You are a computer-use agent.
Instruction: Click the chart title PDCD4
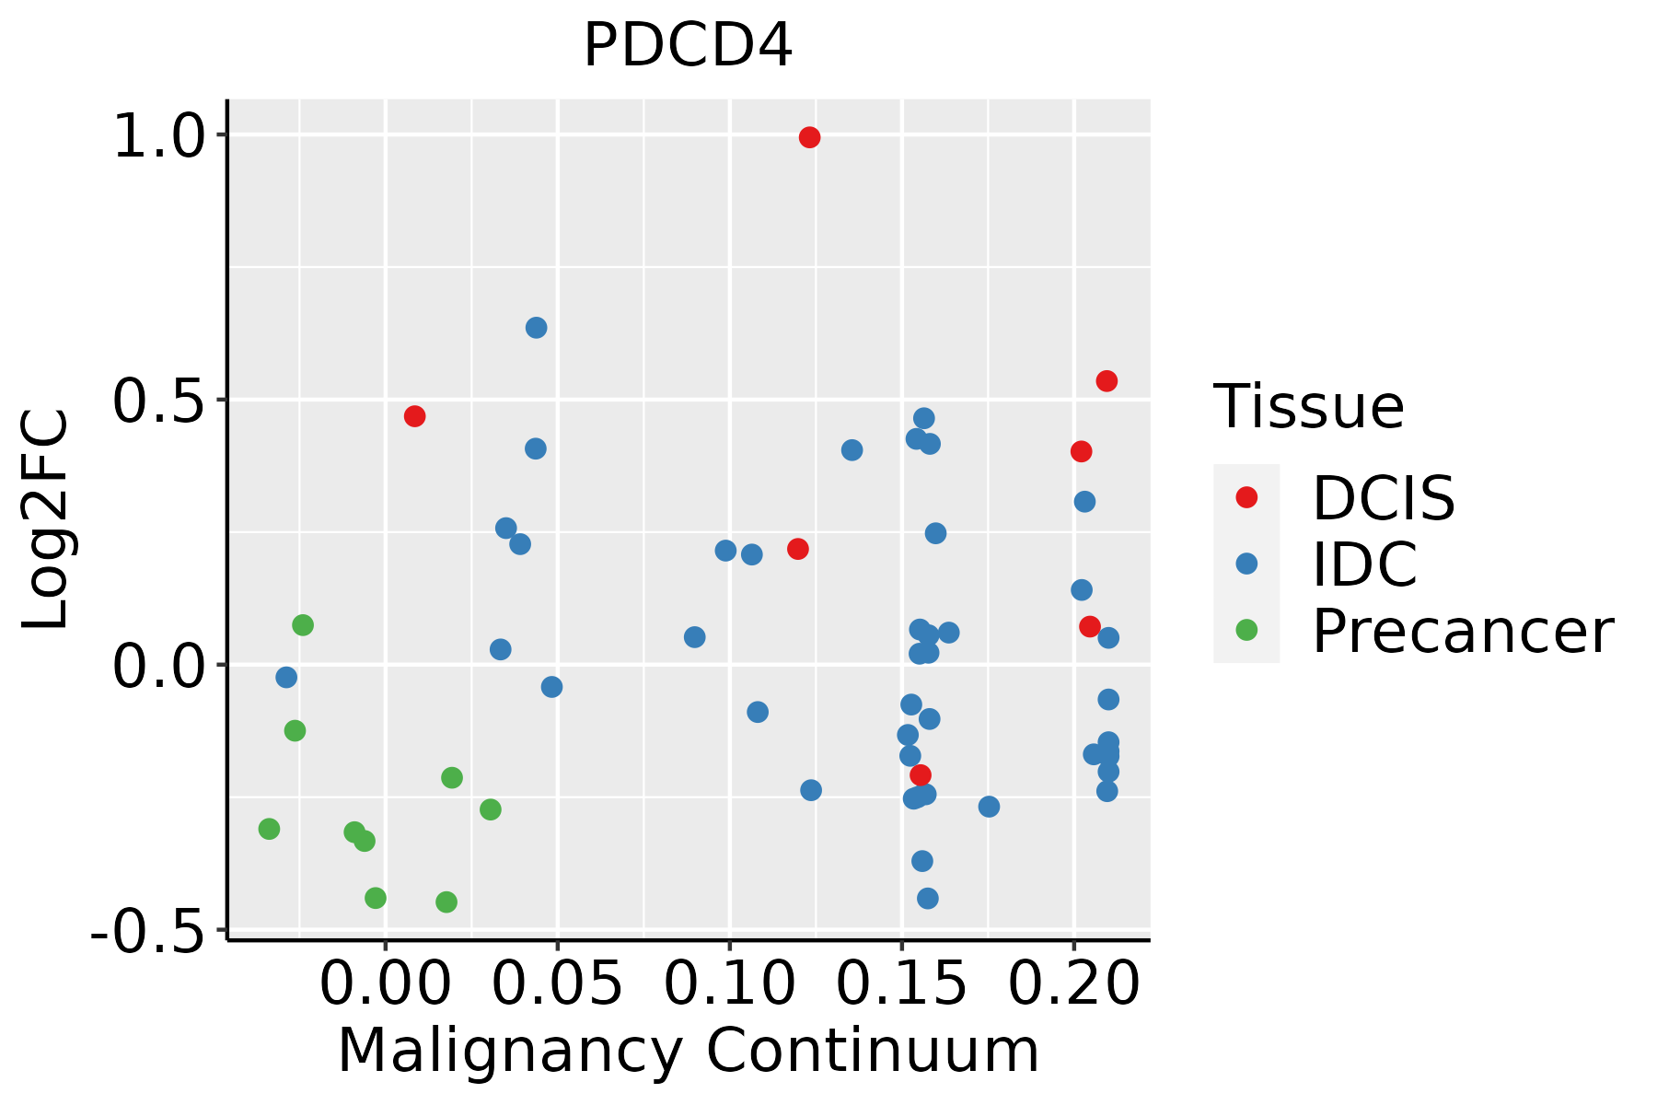[x=688, y=46]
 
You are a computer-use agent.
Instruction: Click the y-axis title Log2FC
[x=46, y=520]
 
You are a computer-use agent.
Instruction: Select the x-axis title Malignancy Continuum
[x=689, y=1052]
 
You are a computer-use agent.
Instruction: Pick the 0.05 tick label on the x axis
[x=557, y=983]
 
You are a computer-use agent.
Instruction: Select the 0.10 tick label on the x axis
[x=729, y=983]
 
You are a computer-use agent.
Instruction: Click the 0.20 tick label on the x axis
[x=1073, y=983]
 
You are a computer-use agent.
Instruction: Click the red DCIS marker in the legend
[x=1246, y=497]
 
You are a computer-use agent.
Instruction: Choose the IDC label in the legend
[x=1364, y=564]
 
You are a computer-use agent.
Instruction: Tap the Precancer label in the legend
[x=1462, y=632]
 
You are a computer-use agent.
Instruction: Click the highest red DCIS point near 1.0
[x=809, y=137]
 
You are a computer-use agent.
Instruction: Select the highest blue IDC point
[x=536, y=328]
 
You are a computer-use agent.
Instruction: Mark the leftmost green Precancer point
[x=269, y=829]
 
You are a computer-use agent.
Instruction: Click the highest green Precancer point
[x=303, y=625]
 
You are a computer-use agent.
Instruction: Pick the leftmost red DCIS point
[x=414, y=416]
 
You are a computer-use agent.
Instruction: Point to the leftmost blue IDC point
[x=286, y=678]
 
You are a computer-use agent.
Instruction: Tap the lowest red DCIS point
[x=920, y=775]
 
